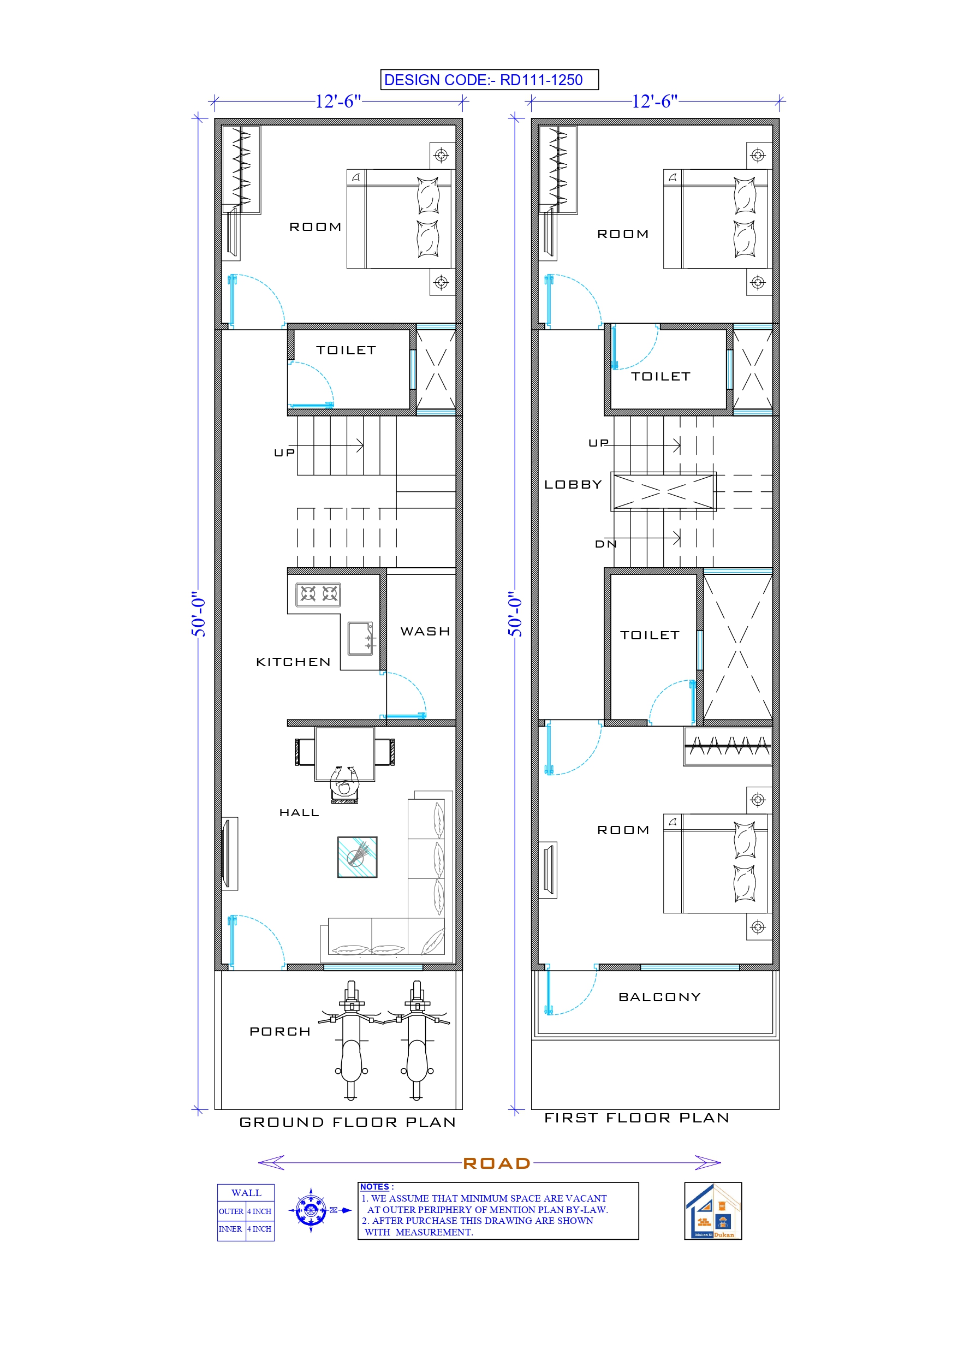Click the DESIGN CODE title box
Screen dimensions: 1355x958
(x=489, y=80)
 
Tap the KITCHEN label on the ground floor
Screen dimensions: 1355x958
(x=293, y=662)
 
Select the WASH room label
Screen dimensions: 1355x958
(x=425, y=632)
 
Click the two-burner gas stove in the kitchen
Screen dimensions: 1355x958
(x=318, y=593)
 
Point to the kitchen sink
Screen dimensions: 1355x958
(x=360, y=639)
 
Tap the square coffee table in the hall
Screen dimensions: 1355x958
(x=357, y=857)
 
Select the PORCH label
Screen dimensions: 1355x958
(x=280, y=1032)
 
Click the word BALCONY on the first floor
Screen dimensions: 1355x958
(x=659, y=997)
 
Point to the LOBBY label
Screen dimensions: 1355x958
(x=573, y=485)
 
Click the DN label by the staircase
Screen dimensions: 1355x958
(x=605, y=544)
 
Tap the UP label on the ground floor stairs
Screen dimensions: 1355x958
(x=284, y=453)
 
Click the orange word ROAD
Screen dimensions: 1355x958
(x=496, y=1163)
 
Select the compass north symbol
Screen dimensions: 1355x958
(x=311, y=1211)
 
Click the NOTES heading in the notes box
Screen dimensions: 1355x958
(x=375, y=1187)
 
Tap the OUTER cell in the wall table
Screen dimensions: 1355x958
(x=231, y=1211)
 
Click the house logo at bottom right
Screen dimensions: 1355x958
(x=712, y=1211)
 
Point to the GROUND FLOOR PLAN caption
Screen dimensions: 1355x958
(x=347, y=1122)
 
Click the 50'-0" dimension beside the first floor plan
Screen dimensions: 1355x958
(x=515, y=614)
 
